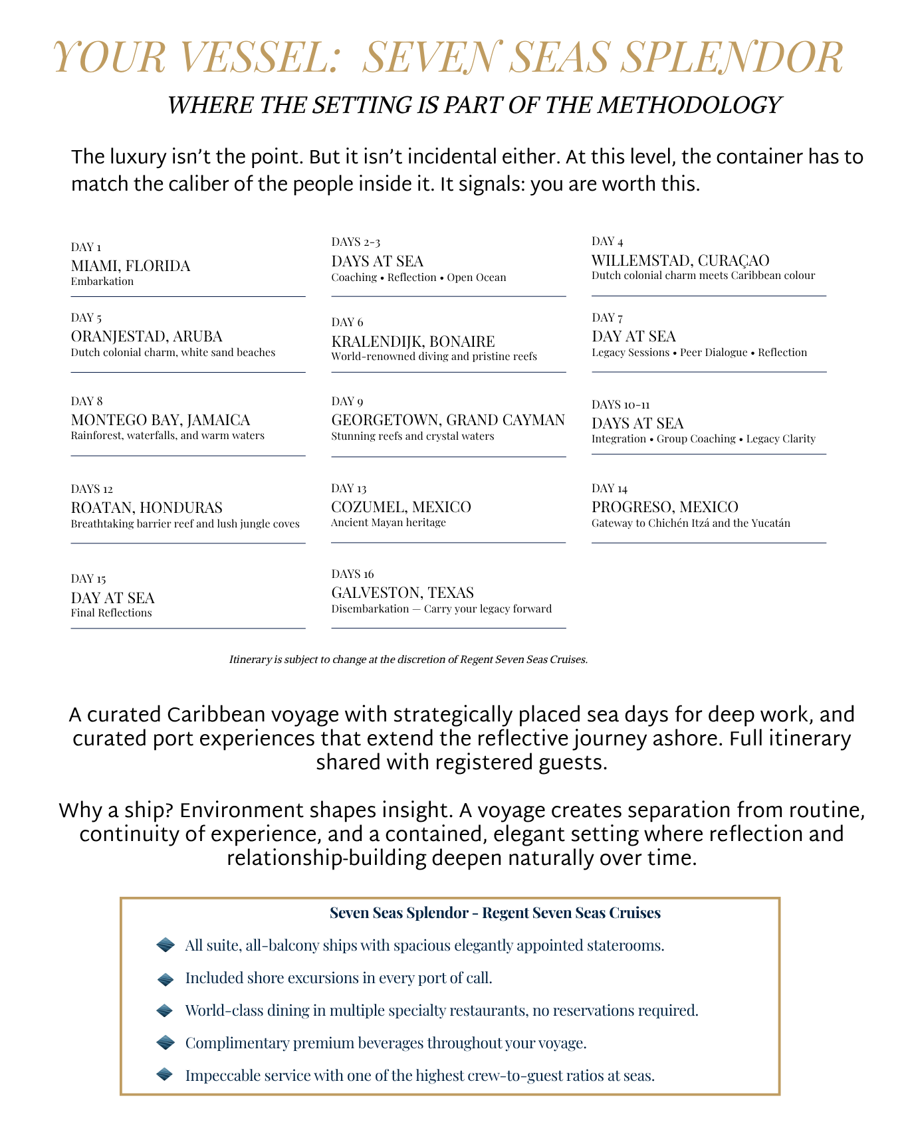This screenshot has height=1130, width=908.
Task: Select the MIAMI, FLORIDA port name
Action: click(x=130, y=266)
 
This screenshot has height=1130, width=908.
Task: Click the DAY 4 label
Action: click(x=607, y=241)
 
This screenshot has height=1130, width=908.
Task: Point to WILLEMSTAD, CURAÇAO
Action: click(x=680, y=260)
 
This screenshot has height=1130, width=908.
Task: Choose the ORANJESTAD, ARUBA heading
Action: click(x=146, y=336)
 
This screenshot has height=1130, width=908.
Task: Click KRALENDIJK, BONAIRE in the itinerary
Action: click(x=413, y=341)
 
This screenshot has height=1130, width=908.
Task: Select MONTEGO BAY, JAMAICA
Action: click(x=160, y=420)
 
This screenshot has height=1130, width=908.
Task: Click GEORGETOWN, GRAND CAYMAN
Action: click(x=447, y=420)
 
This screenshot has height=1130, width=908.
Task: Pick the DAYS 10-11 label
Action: click(x=620, y=405)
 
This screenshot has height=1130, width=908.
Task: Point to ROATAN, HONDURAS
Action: click(x=146, y=508)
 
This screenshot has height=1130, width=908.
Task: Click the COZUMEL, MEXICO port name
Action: click(x=401, y=507)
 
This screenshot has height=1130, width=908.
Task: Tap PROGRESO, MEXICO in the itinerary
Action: click(x=665, y=507)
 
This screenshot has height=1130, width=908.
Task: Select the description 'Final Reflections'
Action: click(x=111, y=612)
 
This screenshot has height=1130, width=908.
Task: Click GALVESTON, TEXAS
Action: click(x=402, y=593)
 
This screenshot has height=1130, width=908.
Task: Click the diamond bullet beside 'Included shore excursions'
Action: click(x=165, y=979)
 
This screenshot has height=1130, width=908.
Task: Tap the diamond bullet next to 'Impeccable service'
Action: click(x=165, y=1074)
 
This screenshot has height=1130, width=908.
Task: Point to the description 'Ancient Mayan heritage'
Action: click(x=388, y=523)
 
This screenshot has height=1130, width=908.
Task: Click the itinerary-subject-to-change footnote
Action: click(x=408, y=660)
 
